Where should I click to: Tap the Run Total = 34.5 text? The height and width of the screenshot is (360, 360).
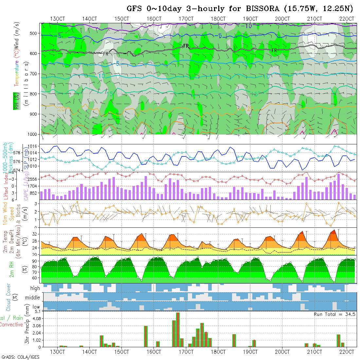334,314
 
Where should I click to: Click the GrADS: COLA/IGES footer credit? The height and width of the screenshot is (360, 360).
20,357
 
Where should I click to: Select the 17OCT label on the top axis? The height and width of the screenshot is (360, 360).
186,19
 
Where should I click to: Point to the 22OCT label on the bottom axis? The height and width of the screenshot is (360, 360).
347,352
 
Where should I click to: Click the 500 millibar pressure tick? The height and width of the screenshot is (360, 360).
34,33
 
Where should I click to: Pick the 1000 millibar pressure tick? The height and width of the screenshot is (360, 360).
33,134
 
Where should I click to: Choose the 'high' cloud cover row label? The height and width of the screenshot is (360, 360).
35,288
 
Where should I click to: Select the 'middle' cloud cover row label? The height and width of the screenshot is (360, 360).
32,298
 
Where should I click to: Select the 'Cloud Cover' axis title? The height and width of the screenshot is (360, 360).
9,297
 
